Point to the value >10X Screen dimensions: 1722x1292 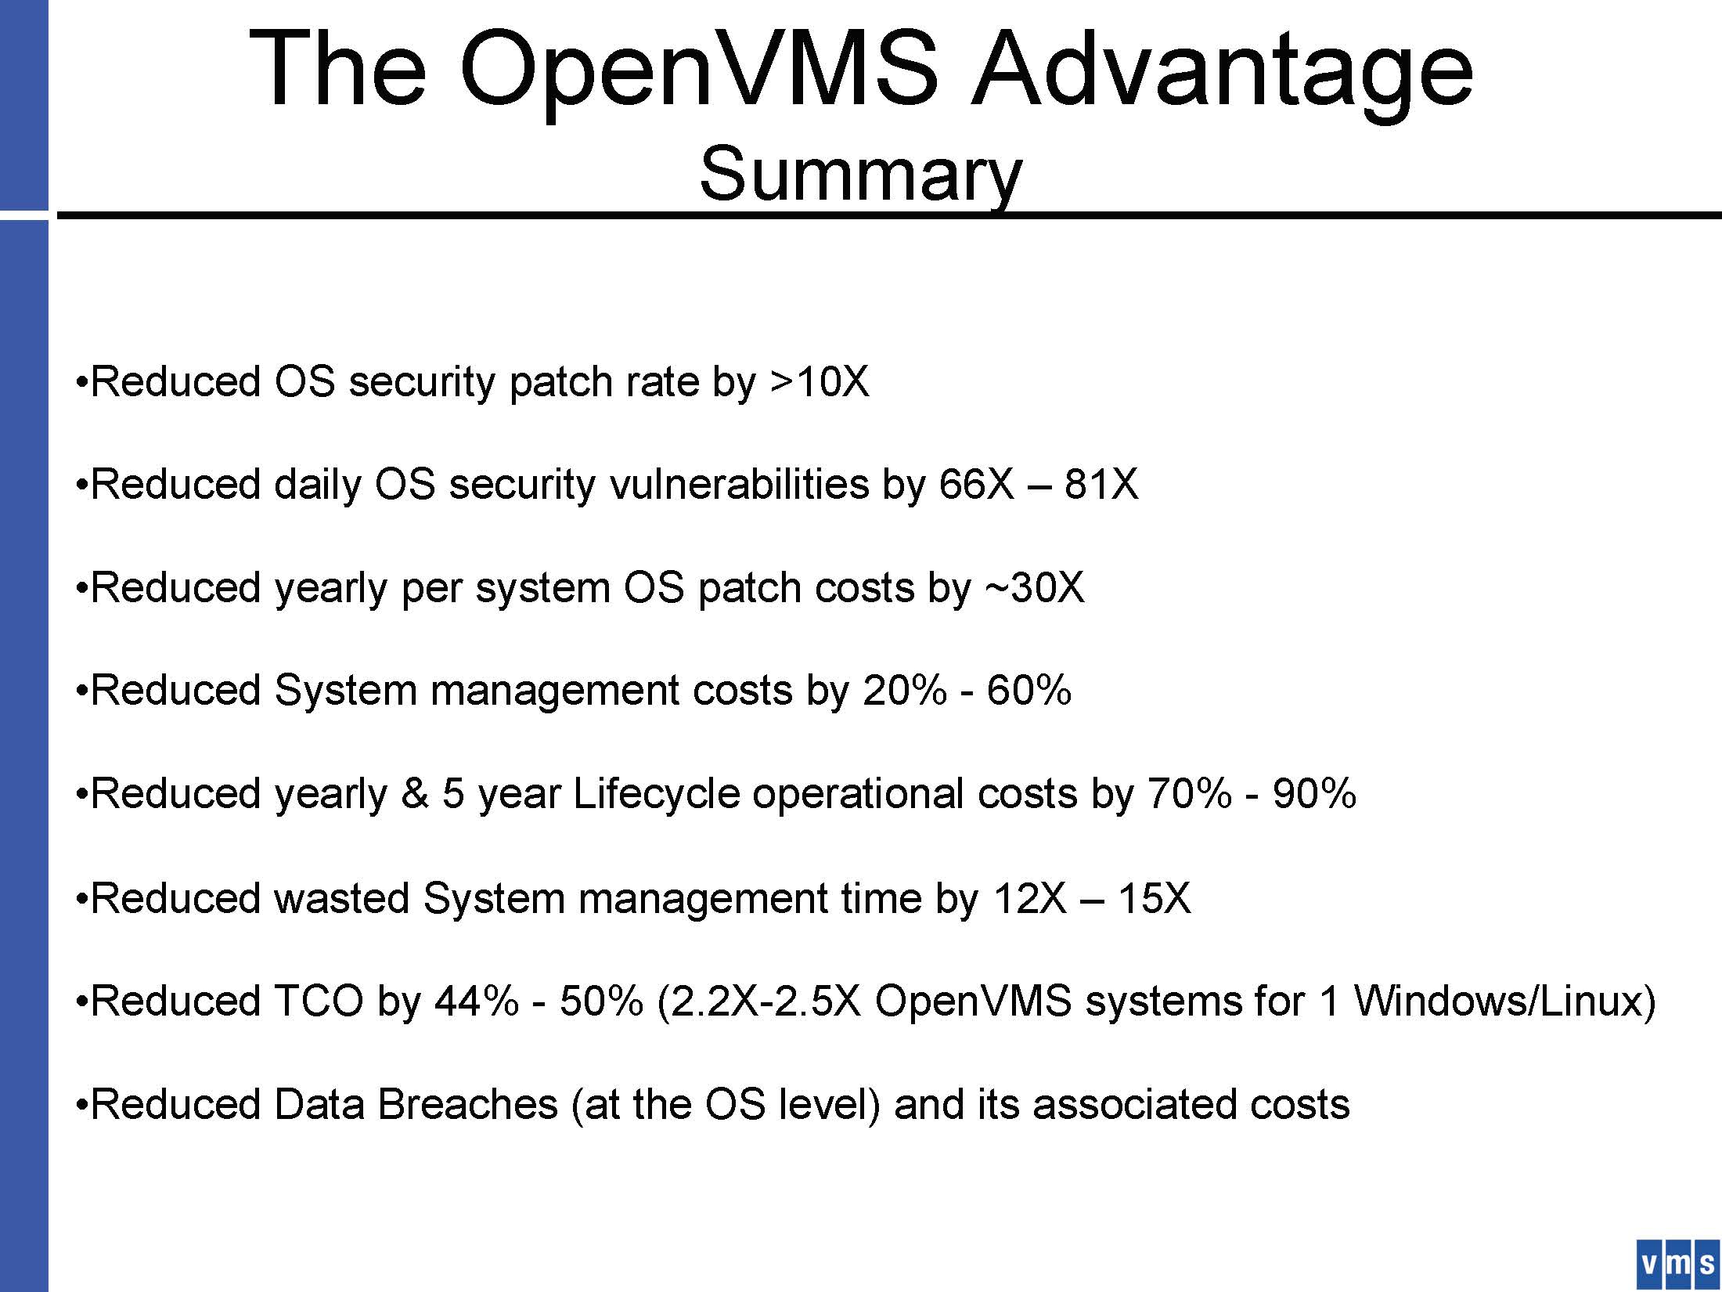click(819, 381)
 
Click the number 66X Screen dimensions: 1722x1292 click(976, 484)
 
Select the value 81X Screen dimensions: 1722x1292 click(1101, 484)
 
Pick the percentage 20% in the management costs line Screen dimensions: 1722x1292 click(904, 691)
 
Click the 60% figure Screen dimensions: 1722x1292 click(1029, 691)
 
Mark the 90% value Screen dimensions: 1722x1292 click(1314, 794)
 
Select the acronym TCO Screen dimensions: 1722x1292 click(319, 1001)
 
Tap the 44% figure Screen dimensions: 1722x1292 click(476, 1001)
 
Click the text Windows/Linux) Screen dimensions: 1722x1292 click(1504, 1001)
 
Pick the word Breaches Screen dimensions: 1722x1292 click(467, 1104)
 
